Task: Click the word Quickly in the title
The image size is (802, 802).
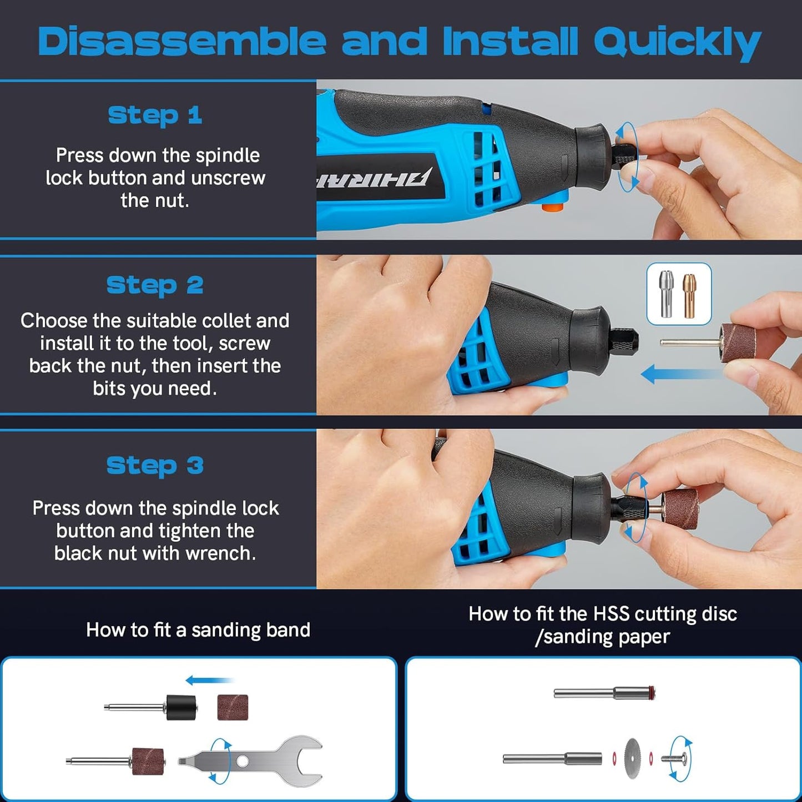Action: tap(678, 42)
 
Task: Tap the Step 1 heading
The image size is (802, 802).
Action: tap(155, 115)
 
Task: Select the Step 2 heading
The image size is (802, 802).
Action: tap(155, 286)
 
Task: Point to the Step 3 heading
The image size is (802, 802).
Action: tap(155, 466)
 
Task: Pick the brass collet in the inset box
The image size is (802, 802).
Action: tap(689, 295)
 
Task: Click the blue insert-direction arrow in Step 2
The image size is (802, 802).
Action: tap(683, 374)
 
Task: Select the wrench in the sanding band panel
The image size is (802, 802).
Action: tap(250, 761)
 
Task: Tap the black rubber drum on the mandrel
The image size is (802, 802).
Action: tap(181, 708)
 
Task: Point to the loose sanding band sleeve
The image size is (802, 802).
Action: tap(233, 707)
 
